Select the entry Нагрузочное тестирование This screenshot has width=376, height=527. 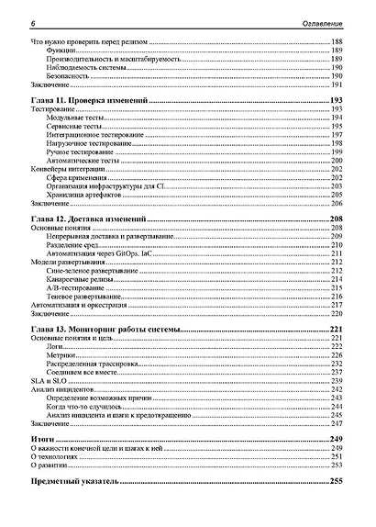tap(93, 143)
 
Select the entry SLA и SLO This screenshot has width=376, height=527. tap(47, 380)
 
